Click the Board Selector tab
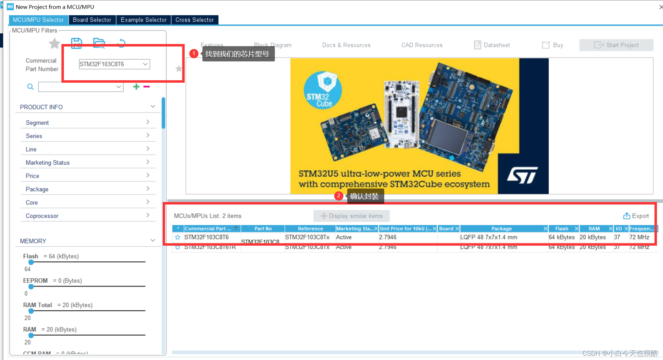[92, 20]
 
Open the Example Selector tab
[143, 20]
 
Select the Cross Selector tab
[194, 20]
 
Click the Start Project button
[616, 45]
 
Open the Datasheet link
[492, 45]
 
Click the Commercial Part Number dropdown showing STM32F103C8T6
[114, 64]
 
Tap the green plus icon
[136, 87]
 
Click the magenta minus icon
[147, 87]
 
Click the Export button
[636, 216]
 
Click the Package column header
[501, 229]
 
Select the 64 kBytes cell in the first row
[561, 237]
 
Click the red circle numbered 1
[194, 54]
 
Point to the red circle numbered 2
[339, 196]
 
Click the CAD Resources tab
[422, 45]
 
